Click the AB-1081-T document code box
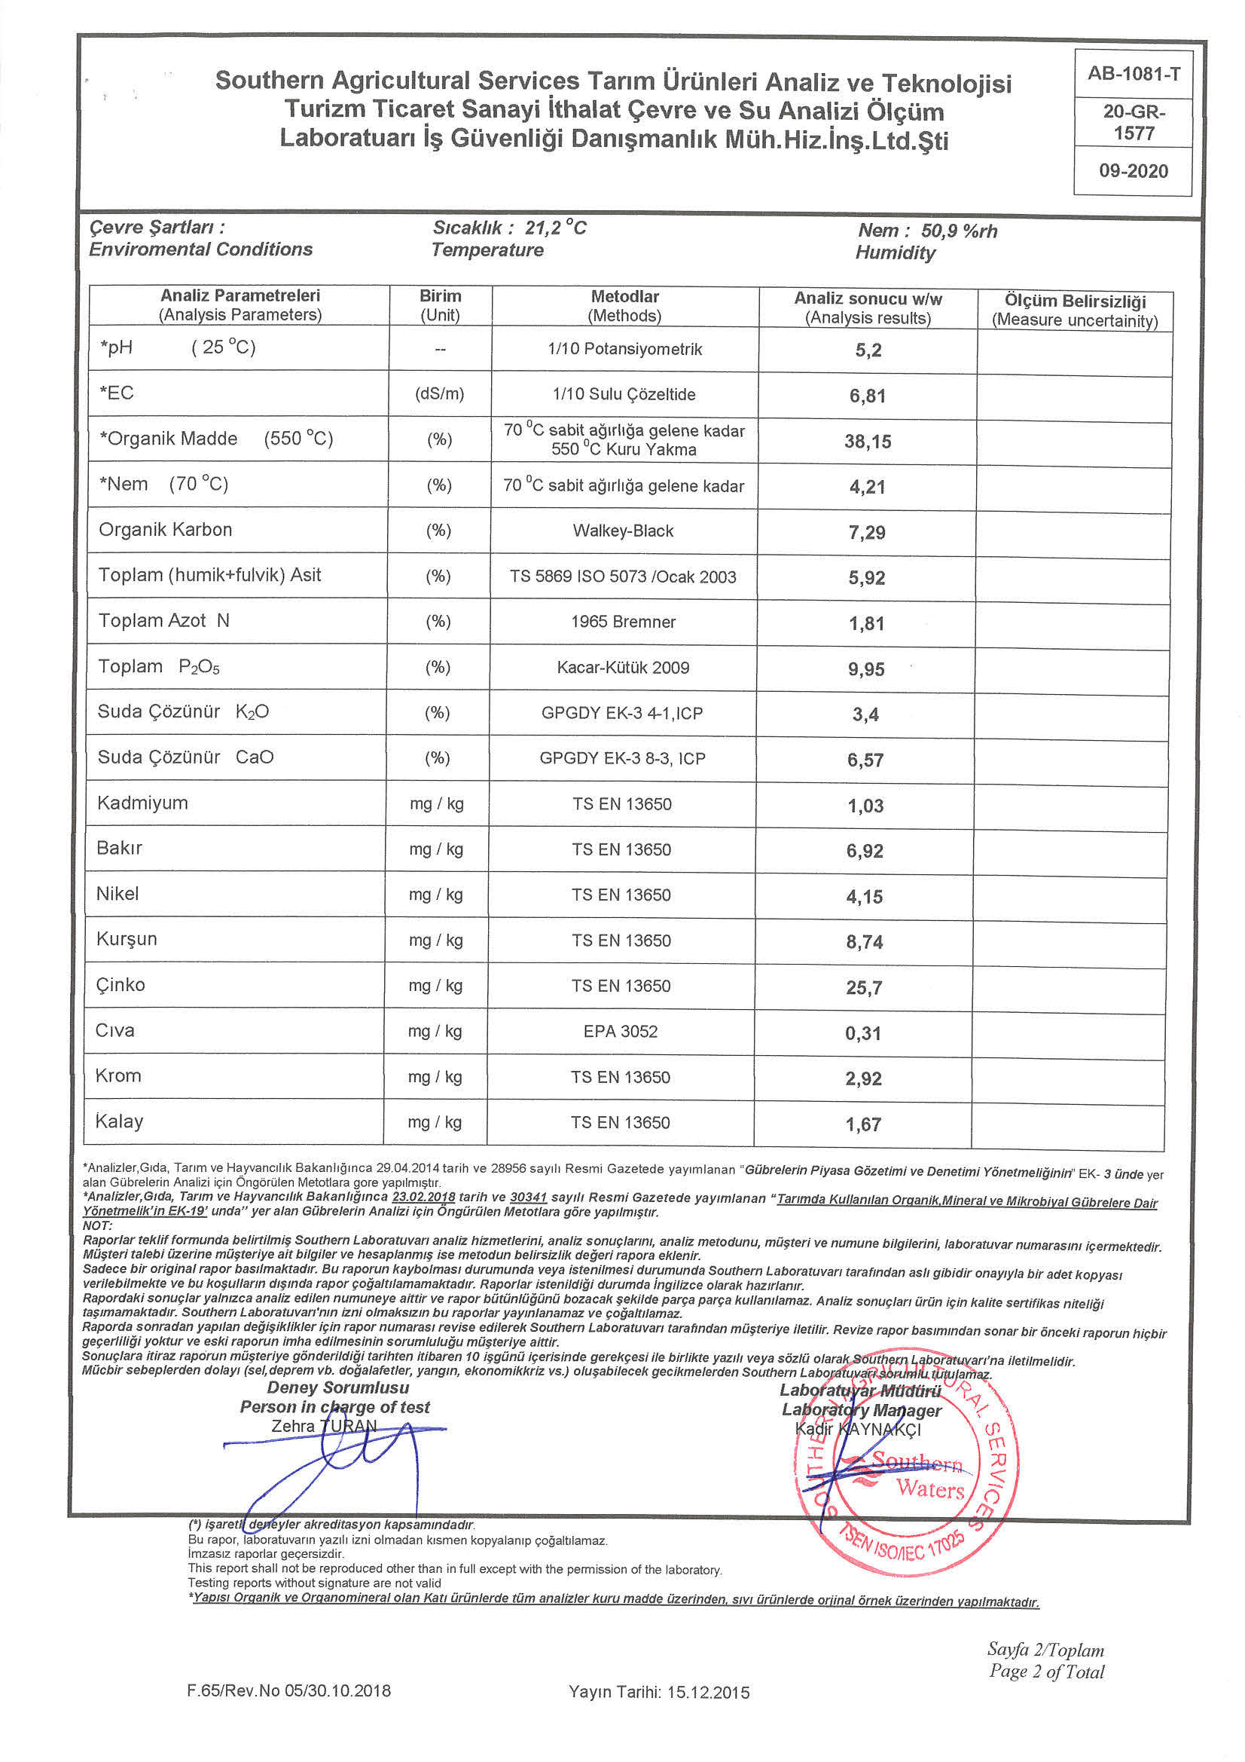[1133, 74]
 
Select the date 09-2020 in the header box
[1133, 170]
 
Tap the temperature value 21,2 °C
[555, 227]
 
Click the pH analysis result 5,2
[868, 350]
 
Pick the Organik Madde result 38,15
[868, 442]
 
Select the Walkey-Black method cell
[623, 531]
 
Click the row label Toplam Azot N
[163, 620]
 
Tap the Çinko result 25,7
[864, 988]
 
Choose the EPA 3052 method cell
[621, 1032]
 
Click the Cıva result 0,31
[863, 1033]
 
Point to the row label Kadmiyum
[142, 803]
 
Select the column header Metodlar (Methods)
[624, 305]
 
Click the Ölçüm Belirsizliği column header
[1074, 310]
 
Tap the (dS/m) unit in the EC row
[439, 393]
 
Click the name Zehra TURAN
[324, 1426]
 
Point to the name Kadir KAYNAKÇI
[858, 1429]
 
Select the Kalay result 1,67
[863, 1124]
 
